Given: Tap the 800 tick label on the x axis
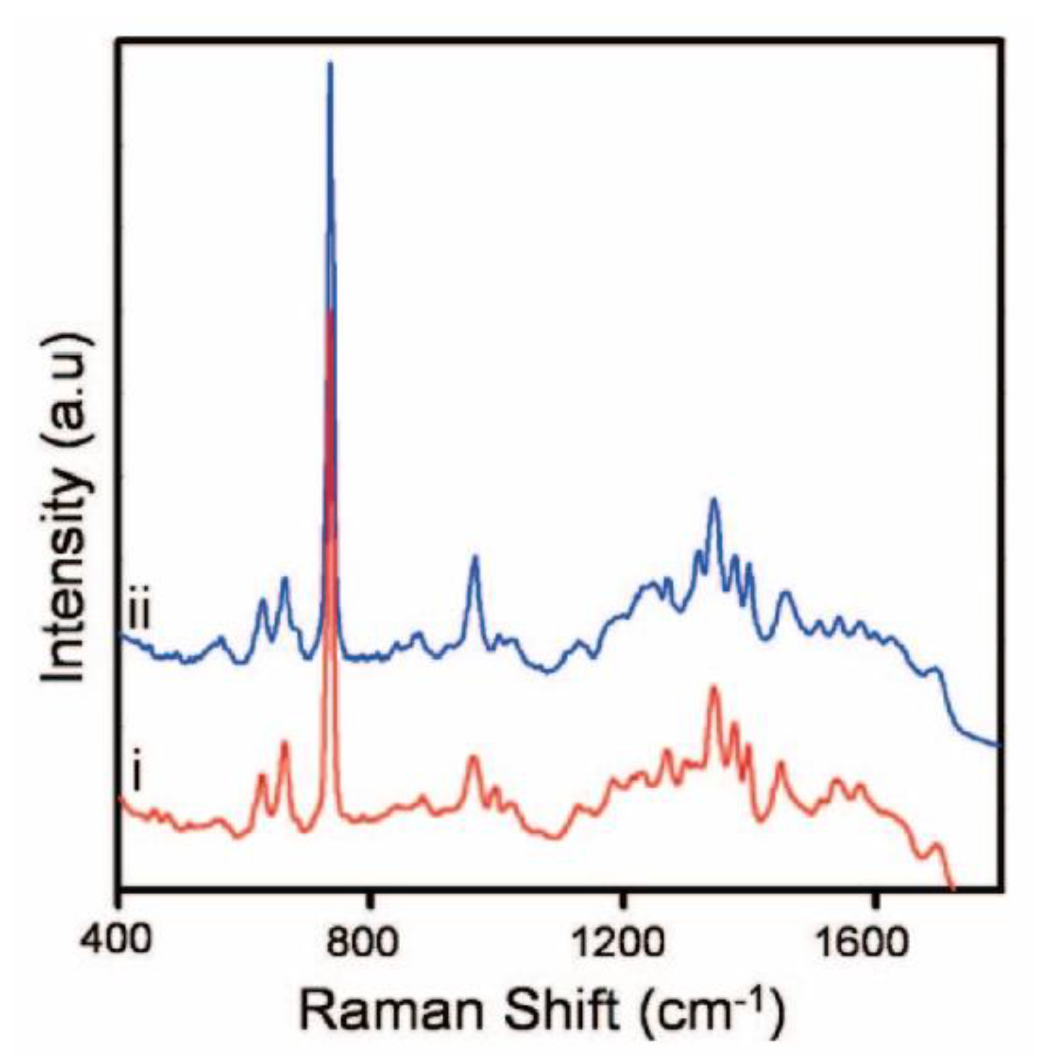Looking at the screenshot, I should pyautogui.click(x=372, y=942).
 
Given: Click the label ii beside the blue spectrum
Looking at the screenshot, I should pyautogui.click(x=139, y=613).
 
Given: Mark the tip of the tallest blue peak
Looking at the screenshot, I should pyautogui.click(x=330, y=64).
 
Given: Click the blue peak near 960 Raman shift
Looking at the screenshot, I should pyautogui.click(x=475, y=556).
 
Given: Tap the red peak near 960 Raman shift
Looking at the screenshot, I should pyautogui.click(x=473, y=756).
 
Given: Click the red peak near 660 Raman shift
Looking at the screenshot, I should pyautogui.click(x=284, y=742).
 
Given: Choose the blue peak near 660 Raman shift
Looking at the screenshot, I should pyautogui.click(x=284, y=578).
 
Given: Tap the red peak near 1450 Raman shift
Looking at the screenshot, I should pyautogui.click(x=781, y=763).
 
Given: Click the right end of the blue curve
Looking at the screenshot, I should pyautogui.click(x=997, y=746).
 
